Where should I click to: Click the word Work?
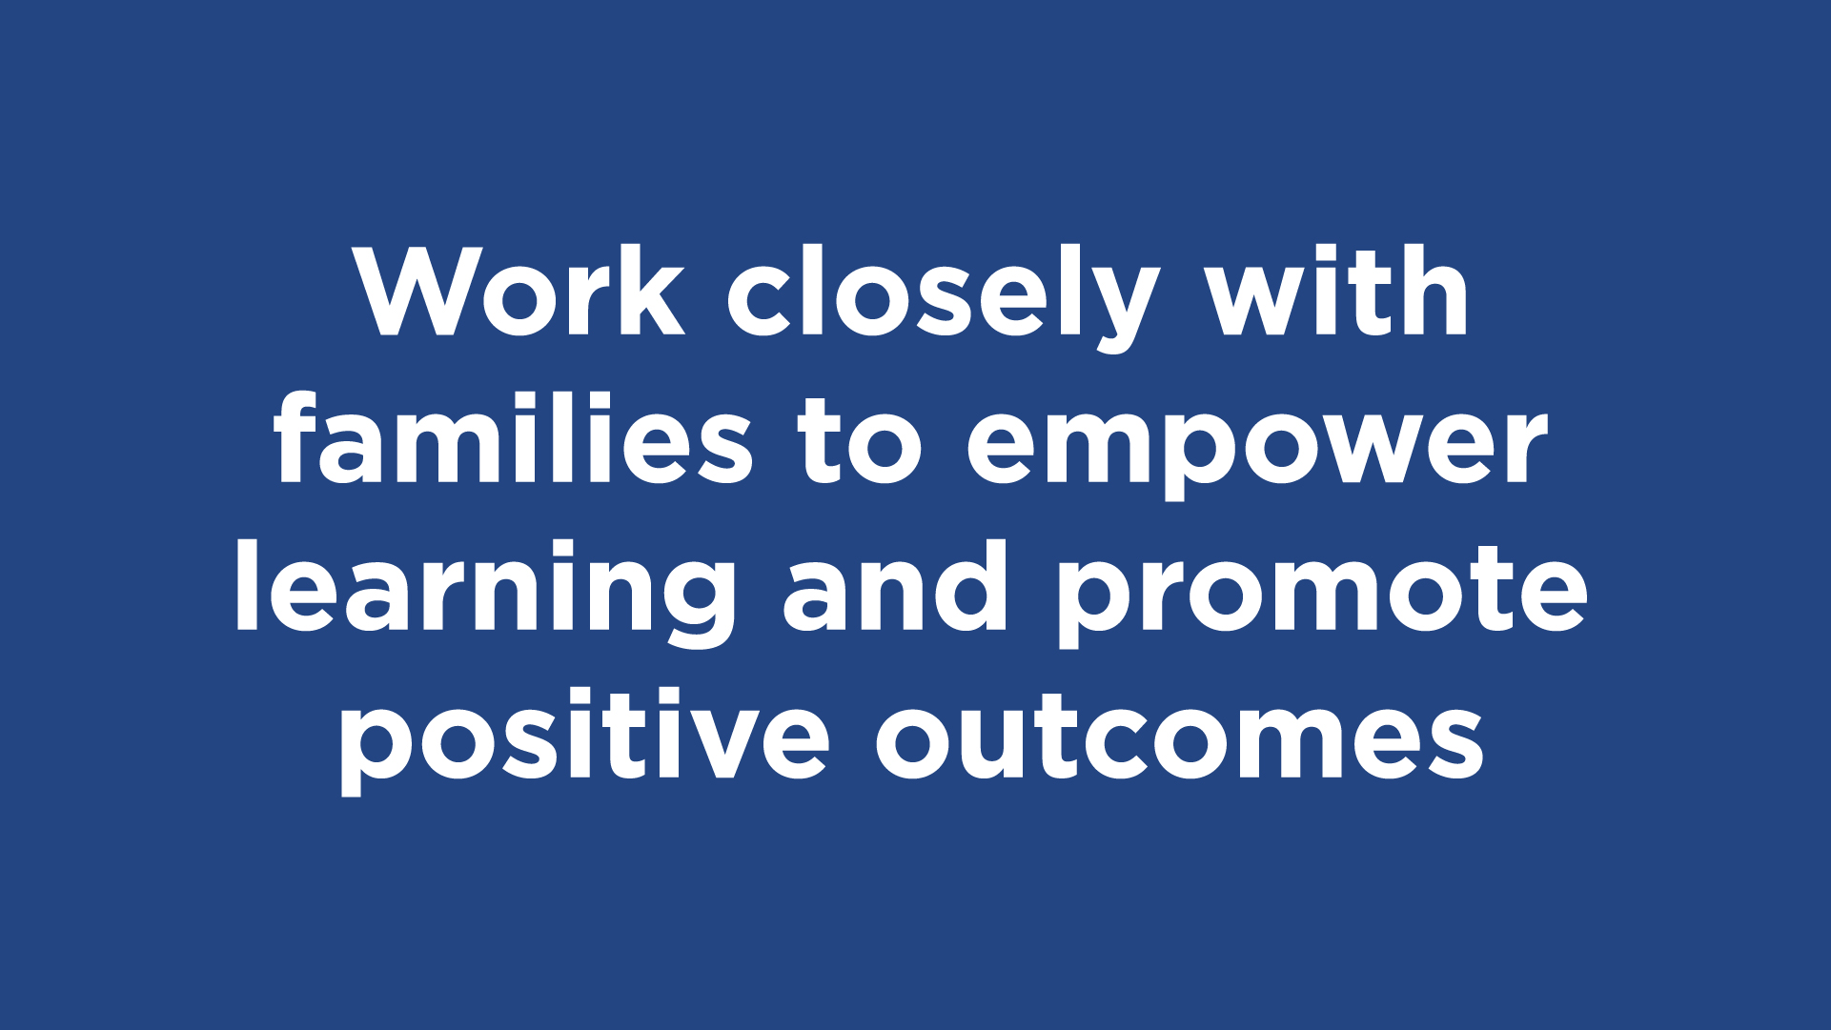click(519, 291)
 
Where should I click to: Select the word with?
click(1337, 291)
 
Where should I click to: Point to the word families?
click(513, 437)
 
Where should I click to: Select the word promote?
click(1323, 596)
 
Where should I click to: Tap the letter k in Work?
click(653, 291)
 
